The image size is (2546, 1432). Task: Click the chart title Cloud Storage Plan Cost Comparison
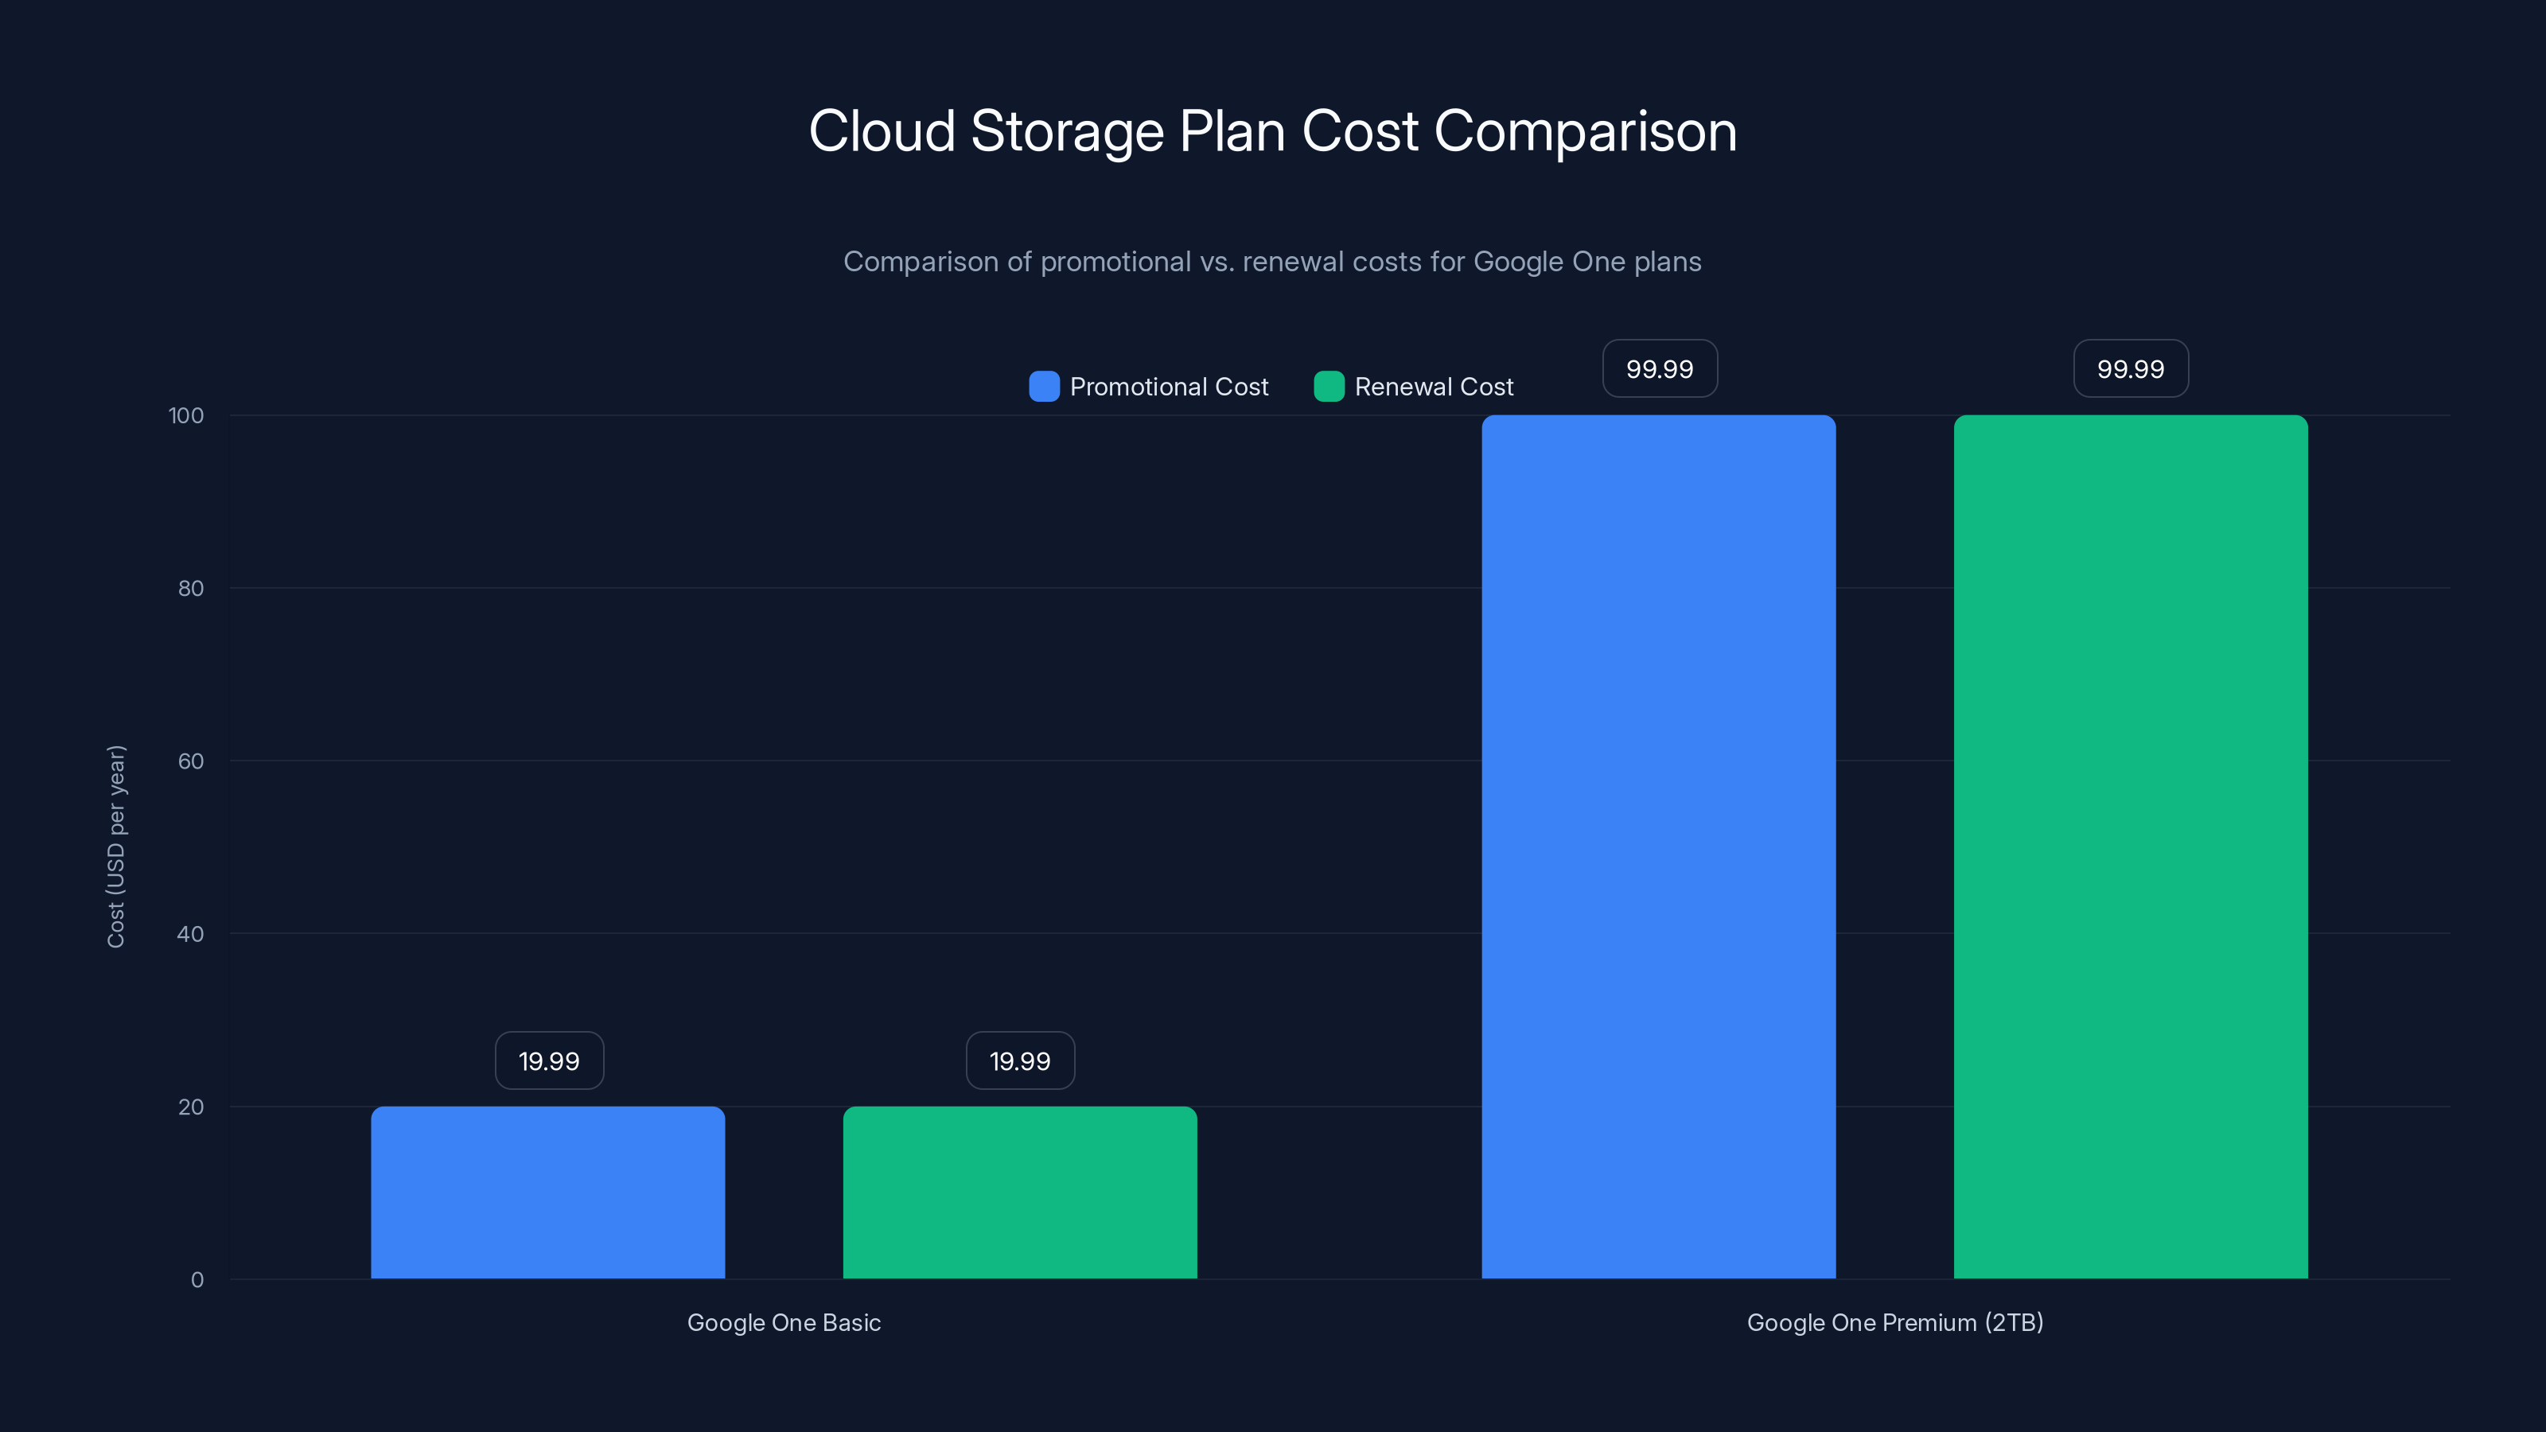pos(1272,131)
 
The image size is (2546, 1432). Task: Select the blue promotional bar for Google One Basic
pos(547,1192)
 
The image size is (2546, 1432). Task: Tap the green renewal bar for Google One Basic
pos(1019,1192)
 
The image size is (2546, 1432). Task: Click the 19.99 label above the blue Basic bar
pos(548,1060)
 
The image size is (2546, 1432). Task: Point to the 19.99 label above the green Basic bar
pos(1020,1060)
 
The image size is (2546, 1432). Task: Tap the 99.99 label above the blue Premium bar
pos(1660,368)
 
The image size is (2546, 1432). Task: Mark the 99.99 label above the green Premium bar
pos(2130,368)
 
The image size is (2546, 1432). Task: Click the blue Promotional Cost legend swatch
pos(1044,387)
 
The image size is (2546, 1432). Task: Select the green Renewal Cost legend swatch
pos(1329,387)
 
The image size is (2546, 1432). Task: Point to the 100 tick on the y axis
pos(186,415)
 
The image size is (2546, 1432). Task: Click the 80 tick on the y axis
pos(191,588)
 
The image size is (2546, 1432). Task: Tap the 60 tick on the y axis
pos(191,761)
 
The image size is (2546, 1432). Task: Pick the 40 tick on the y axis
pos(191,934)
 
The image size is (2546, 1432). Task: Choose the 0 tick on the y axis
pos(197,1280)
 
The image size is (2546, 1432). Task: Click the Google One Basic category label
pos(784,1322)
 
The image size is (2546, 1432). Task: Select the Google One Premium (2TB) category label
pos(1894,1322)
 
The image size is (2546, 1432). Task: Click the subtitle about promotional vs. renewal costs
pos(1272,262)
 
